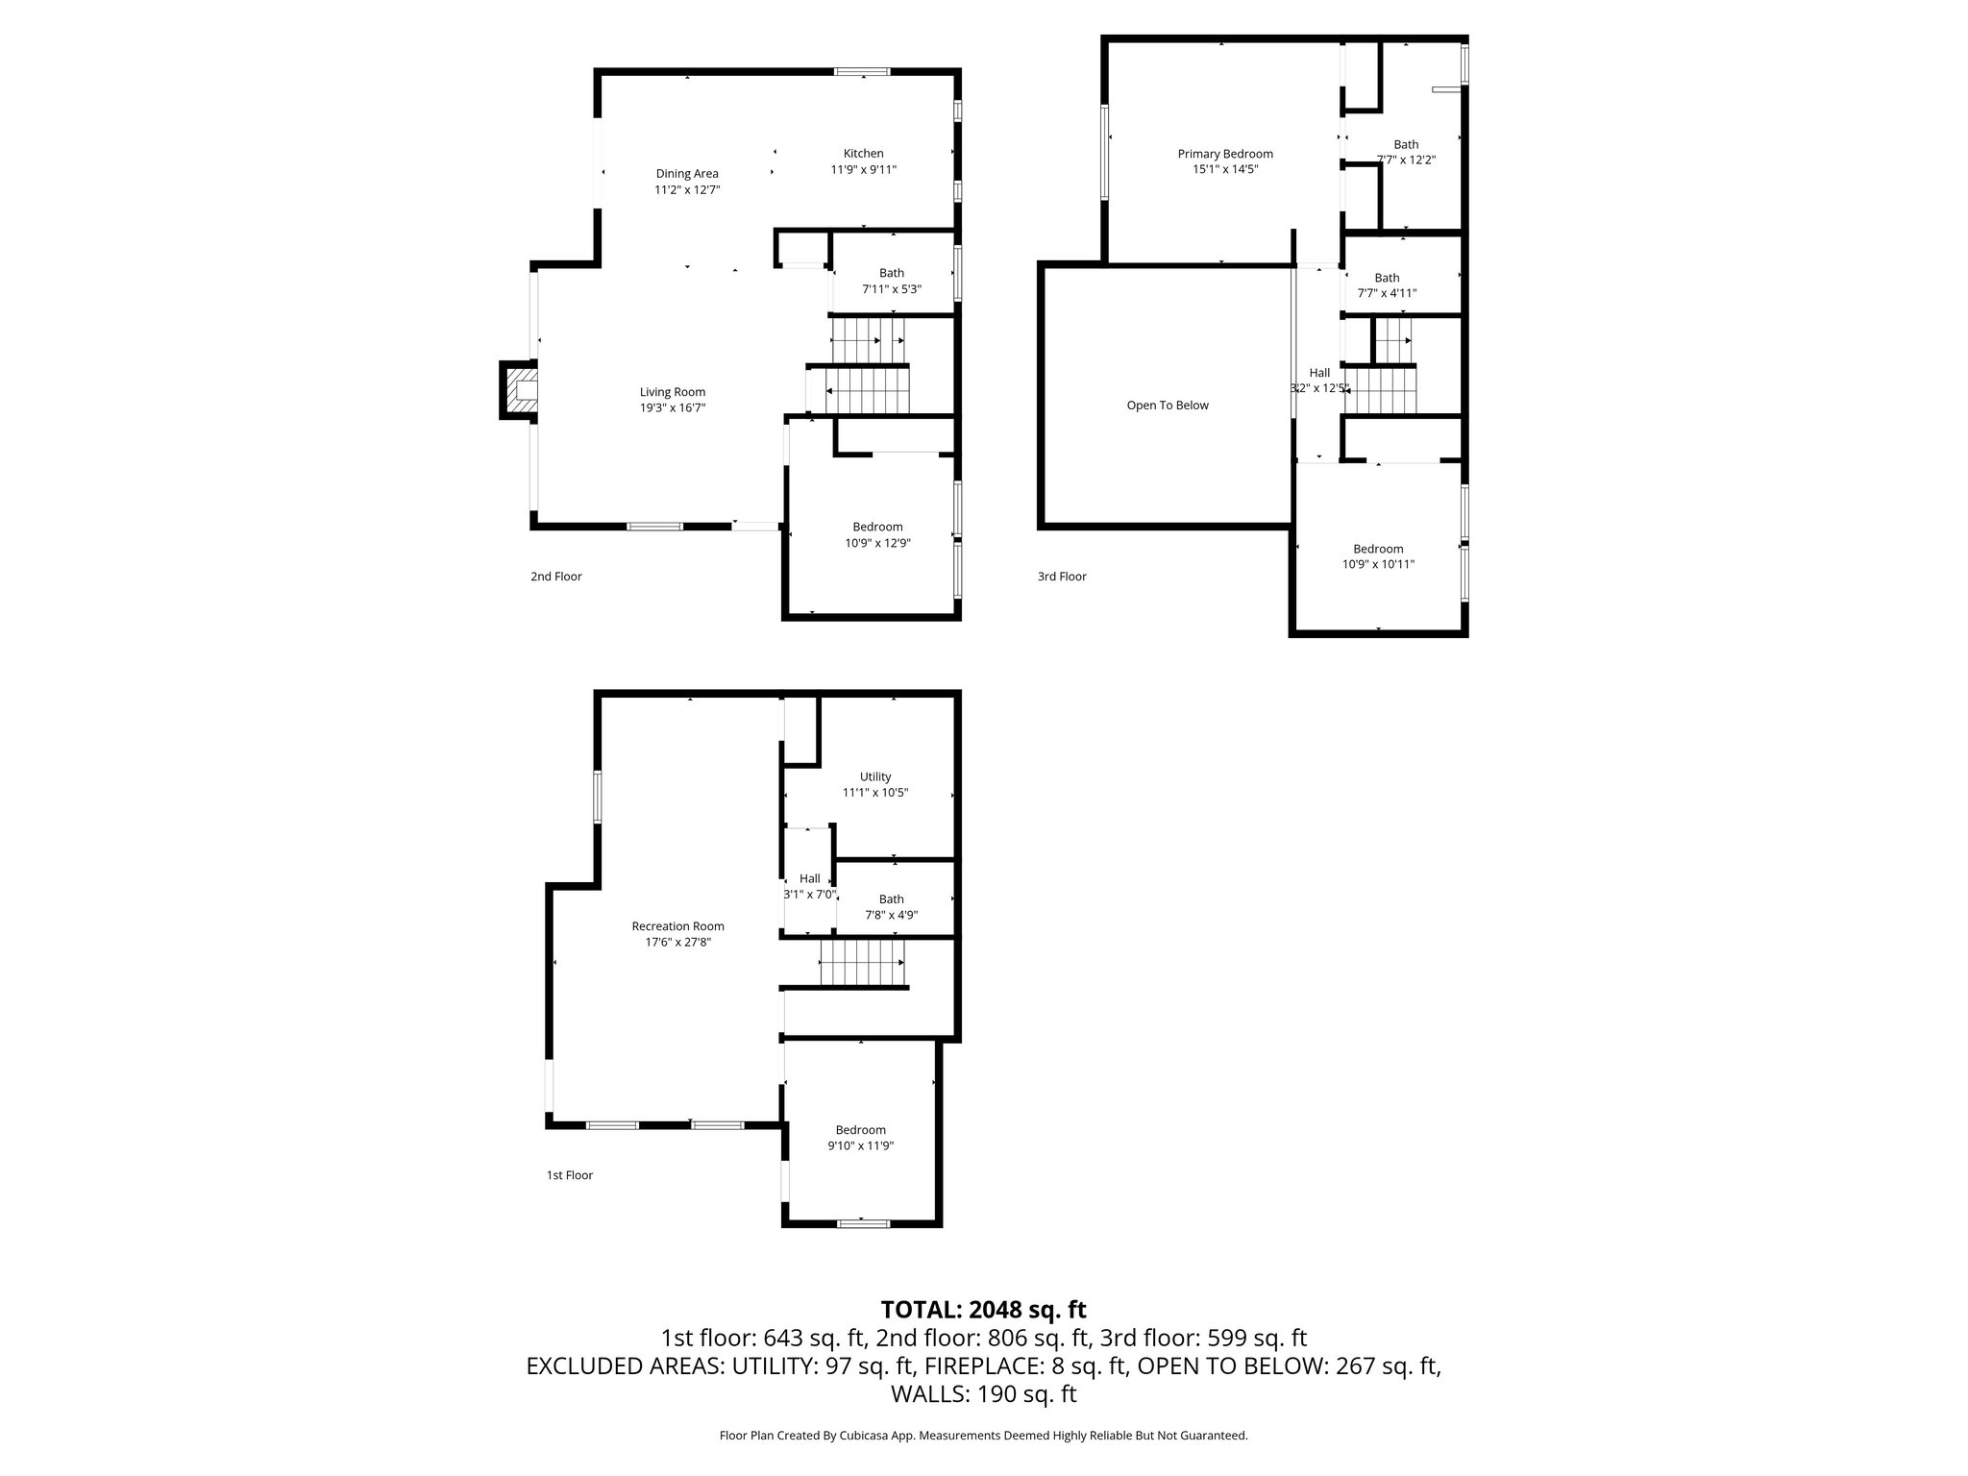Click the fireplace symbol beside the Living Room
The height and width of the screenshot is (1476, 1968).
tap(519, 390)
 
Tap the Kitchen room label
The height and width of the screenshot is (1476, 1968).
tap(863, 154)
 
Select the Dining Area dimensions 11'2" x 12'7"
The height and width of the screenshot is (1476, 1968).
tap(687, 190)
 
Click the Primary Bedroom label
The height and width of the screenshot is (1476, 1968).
tap(1225, 154)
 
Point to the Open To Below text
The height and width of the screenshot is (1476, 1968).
tap(1168, 406)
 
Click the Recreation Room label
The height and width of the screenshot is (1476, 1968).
tap(677, 926)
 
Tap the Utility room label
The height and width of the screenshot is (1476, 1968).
tap(875, 776)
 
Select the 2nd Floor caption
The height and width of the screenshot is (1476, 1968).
tap(556, 577)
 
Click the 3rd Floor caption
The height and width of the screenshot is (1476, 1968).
tap(1062, 577)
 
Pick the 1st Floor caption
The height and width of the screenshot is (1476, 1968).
tap(570, 1175)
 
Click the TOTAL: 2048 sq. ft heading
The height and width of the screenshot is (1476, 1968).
tap(983, 1310)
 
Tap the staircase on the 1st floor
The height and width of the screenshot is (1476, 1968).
tap(862, 963)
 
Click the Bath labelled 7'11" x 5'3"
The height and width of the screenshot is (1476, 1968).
tap(891, 274)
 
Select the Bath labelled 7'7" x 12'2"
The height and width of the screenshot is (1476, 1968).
tap(1406, 145)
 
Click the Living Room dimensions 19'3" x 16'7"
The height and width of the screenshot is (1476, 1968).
tap(673, 407)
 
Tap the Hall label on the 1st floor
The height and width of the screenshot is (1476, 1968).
tap(810, 878)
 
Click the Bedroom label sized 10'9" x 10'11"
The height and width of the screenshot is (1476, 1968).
tap(1378, 549)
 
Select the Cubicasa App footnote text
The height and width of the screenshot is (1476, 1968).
tap(983, 1436)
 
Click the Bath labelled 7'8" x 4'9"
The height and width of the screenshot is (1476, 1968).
tap(891, 899)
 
